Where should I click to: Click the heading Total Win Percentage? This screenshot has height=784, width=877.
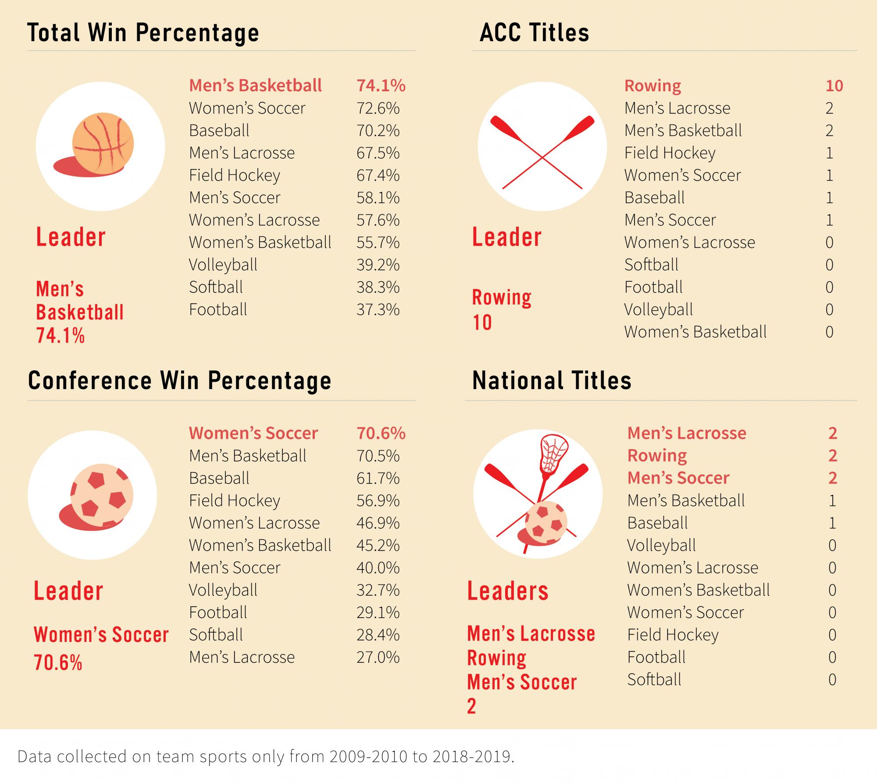(143, 33)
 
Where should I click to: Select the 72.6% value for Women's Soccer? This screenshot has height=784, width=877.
(378, 108)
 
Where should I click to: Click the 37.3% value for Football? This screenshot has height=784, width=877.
(378, 310)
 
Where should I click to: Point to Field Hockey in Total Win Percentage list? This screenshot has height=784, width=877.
(234, 175)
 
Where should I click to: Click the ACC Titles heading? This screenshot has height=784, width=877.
(534, 33)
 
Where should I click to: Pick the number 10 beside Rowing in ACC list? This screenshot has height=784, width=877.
(834, 86)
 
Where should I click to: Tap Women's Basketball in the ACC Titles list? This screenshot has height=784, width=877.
(695, 332)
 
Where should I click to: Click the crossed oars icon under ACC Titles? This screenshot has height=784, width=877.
(542, 151)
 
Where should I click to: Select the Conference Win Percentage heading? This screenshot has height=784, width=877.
(179, 380)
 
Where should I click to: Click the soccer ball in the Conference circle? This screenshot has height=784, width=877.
(102, 496)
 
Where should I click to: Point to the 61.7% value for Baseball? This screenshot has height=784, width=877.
(378, 478)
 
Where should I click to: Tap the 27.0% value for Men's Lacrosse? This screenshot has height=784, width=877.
(378, 657)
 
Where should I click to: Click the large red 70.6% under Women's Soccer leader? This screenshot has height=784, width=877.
(58, 662)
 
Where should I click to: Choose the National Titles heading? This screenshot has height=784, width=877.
(552, 380)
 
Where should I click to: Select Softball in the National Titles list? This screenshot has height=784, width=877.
(654, 680)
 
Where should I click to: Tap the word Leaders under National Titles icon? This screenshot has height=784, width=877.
(508, 591)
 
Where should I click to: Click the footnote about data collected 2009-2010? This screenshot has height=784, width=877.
(265, 756)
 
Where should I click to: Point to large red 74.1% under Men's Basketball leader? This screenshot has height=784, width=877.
(60, 336)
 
